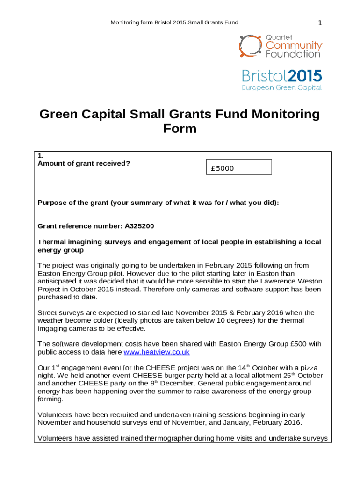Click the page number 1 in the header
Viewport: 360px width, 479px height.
[x=320, y=23]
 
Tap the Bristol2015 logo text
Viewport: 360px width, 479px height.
[x=281, y=76]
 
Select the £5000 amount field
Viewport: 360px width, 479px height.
[x=239, y=167]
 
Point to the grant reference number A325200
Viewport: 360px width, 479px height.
[x=139, y=226]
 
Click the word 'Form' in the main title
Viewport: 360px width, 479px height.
[x=180, y=129]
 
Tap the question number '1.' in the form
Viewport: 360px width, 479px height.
[x=41, y=155]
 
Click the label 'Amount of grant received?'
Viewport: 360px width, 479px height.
[x=84, y=163]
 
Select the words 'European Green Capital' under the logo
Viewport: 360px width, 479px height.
[x=281, y=87]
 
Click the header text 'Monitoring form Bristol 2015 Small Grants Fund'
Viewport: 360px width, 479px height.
[x=174, y=22]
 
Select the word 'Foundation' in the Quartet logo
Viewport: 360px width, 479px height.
[x=293, y=54]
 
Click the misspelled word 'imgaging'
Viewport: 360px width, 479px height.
[x=52, y=328]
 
